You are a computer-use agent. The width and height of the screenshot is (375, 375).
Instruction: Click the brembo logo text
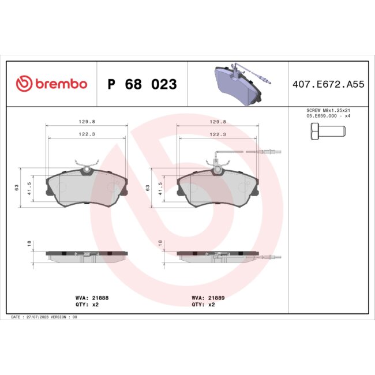61,84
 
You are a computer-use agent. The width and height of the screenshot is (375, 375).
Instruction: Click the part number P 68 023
142,85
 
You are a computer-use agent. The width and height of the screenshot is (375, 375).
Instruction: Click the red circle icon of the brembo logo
24,84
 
